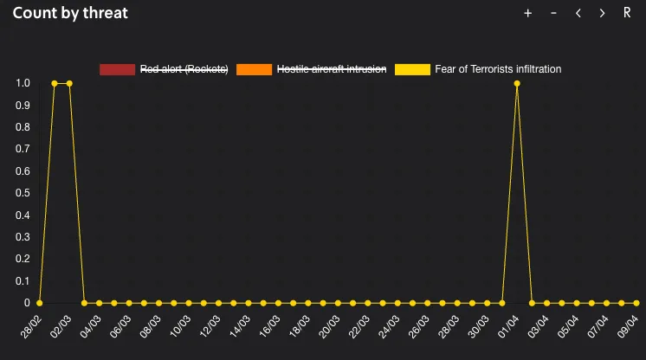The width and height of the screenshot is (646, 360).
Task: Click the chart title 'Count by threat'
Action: [x=70, y=13]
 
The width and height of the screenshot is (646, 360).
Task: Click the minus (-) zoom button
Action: [x=553, y=13]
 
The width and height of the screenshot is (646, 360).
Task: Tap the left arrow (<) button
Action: [x=578, y=13]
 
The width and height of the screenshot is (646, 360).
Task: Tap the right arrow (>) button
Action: [x=602, y=13]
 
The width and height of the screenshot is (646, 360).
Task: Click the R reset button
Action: [x=627, y=13]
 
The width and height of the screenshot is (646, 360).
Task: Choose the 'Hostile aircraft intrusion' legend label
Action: [x=331, y=69]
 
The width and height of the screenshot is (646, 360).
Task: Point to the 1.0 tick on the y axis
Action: [x=23, y=83]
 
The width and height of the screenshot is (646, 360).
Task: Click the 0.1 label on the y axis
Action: [x=23, y=281]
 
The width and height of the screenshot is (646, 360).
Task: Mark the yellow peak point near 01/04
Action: [x=517, y=84]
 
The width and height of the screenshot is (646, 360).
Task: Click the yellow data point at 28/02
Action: [x=40, y=303]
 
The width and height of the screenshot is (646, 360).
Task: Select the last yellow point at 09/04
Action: [x=636, y=303]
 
